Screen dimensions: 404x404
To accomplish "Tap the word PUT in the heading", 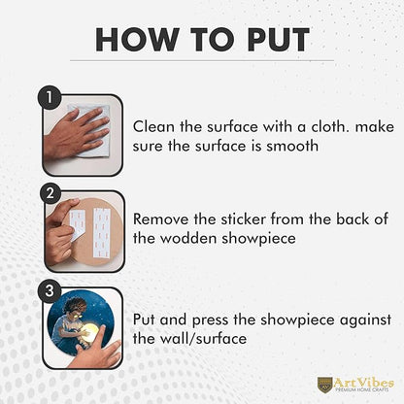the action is pos(279,40).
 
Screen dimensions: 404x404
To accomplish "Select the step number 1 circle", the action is pos(50,97).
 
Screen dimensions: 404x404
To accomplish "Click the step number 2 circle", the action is pos(50,193).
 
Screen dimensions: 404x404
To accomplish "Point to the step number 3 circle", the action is pos(50,291).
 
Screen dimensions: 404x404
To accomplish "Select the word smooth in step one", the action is pos(292,146).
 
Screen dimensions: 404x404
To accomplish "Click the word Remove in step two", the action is pos(160,219).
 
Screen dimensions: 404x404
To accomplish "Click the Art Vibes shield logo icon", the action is pos(324,385).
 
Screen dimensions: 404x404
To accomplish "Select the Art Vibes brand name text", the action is pos(364,383).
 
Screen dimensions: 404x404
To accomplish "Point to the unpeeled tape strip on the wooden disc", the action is pos(102,232).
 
